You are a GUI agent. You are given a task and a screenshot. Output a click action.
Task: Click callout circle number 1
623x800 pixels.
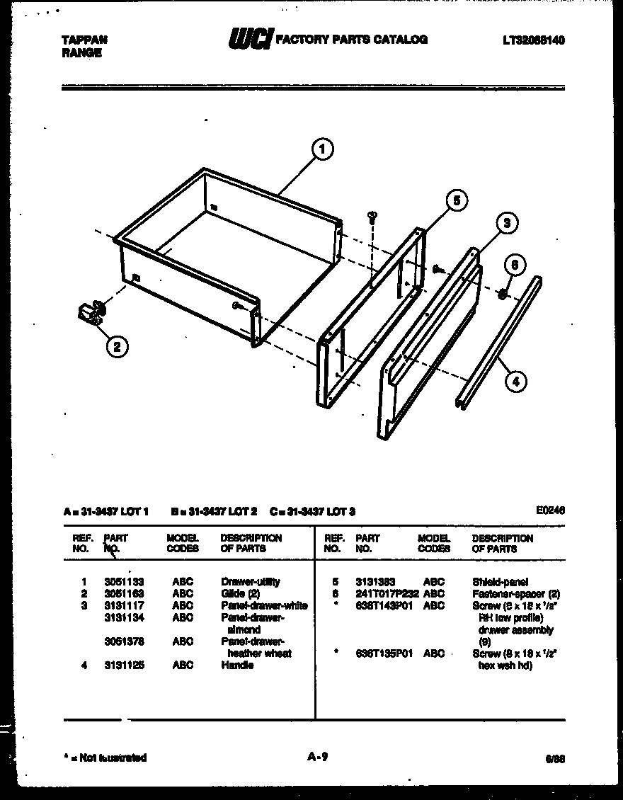pos(322,149)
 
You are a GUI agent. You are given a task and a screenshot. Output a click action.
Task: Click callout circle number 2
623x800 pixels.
pos(118,346)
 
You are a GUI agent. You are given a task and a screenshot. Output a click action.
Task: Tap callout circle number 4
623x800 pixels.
pos(516,382)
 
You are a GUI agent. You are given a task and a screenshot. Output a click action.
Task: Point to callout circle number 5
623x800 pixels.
pos(457,201)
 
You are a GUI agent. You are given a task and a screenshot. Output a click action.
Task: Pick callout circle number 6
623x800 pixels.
pos(515,265)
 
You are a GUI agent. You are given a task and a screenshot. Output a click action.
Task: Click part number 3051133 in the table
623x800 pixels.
pos(124,582)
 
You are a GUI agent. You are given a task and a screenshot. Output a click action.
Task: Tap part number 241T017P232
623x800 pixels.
pos(387,594)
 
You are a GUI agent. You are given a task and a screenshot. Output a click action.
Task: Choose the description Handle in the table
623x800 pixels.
pos(237,665)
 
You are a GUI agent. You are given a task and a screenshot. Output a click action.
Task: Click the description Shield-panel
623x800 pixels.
pos(500,582)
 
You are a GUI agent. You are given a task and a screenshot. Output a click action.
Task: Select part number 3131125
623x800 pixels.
pos(124,665)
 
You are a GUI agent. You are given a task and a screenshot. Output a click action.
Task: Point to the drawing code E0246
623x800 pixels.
pos(551,510)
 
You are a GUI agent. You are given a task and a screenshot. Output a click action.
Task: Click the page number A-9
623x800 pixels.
pos(316,757)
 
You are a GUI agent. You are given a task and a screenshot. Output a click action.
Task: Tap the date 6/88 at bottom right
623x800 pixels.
pos(555,758)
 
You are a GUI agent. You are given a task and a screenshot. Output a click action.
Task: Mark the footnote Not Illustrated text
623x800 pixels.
pos(106,758)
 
